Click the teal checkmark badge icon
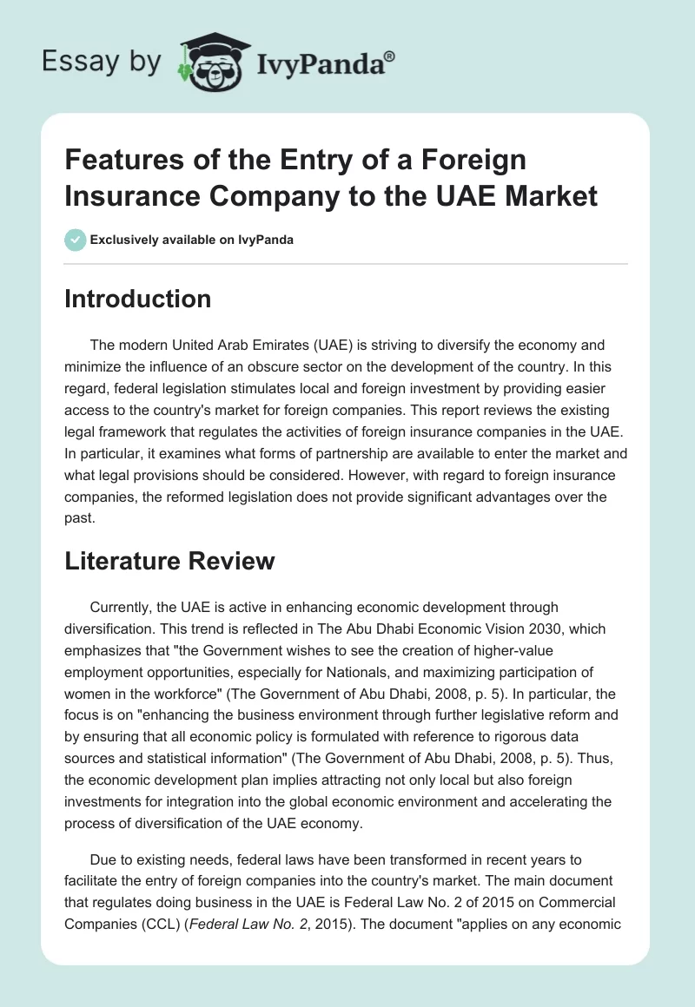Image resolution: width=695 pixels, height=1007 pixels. click(x=75, y=240)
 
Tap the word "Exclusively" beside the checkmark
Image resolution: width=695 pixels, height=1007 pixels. click(x=123, y=240)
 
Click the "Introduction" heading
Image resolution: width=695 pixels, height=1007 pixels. click(x=138, y=299)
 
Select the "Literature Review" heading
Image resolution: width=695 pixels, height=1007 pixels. click(x=169, y=561)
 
